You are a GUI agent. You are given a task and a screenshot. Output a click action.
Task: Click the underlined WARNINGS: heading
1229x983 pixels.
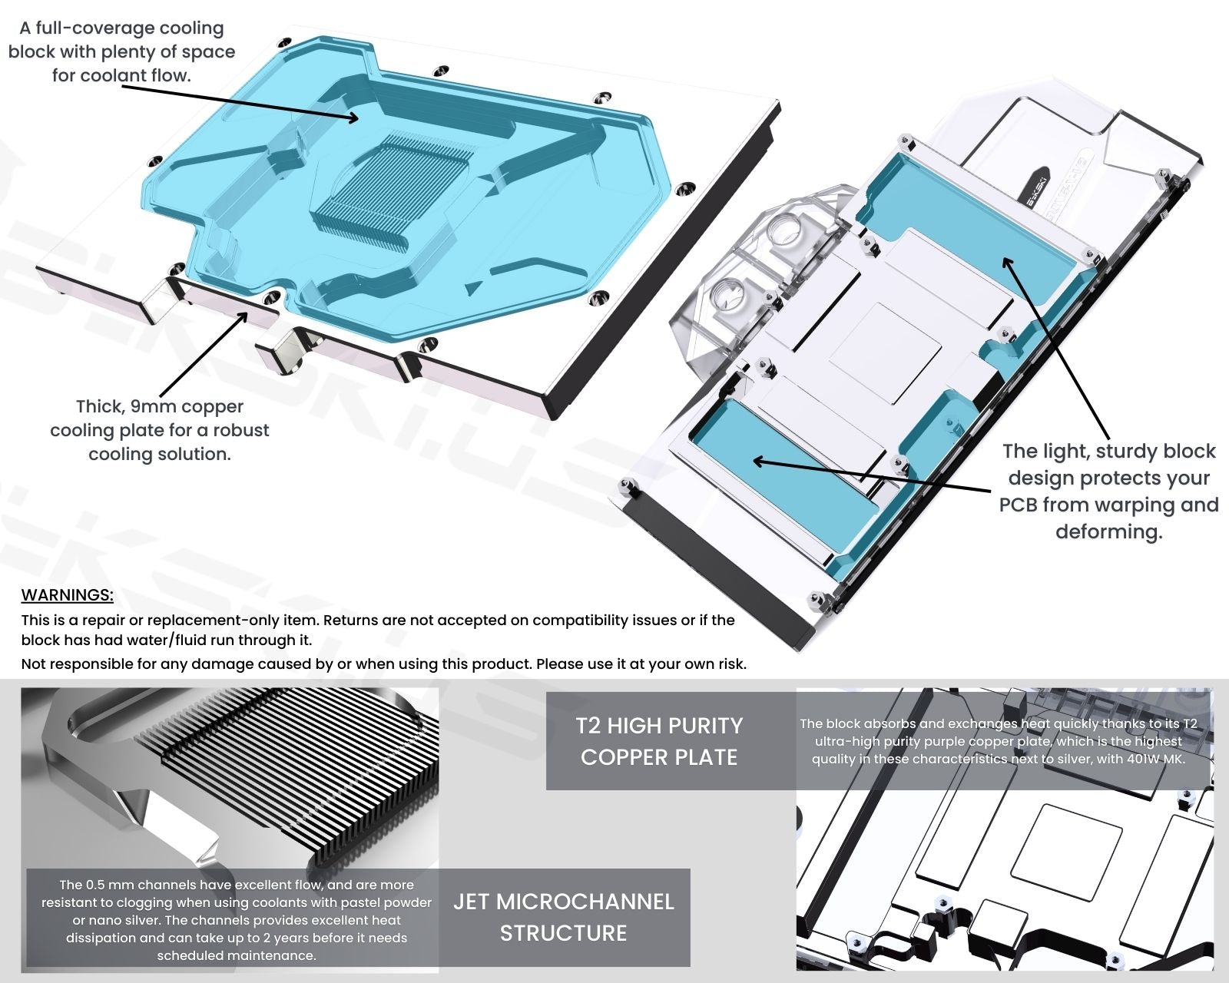click(67, 595)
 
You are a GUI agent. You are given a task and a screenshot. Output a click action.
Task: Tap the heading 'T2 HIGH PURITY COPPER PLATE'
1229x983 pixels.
click(659, 741)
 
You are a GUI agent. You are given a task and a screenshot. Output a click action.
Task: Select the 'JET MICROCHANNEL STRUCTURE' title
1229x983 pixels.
click(563, 917)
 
